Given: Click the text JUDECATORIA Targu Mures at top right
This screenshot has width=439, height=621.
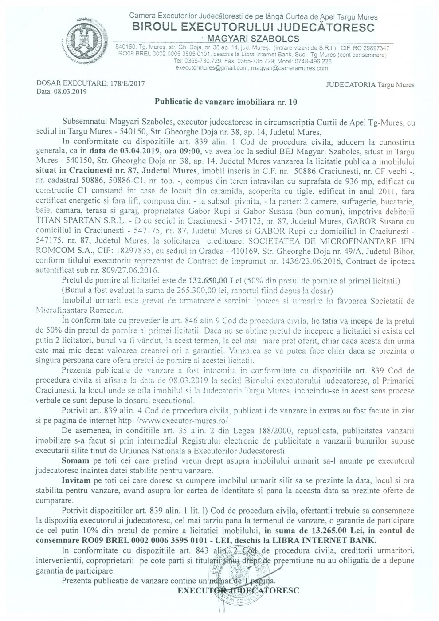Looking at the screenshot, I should point(370,85).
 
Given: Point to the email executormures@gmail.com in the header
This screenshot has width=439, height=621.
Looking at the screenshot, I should point(212,69).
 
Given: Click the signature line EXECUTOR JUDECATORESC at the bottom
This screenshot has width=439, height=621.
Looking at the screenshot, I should point(238,591).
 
